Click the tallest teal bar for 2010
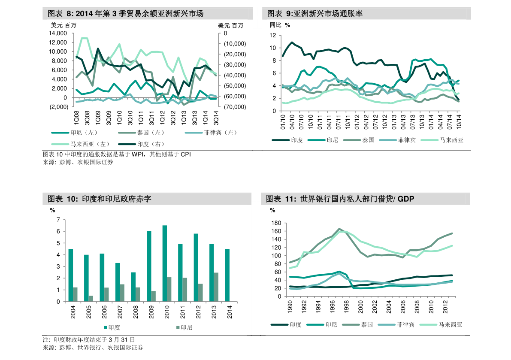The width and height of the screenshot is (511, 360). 165,263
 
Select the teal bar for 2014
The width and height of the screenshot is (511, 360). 227,275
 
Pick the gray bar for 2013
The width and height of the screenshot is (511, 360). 216,287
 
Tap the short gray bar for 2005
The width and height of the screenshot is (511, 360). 91,299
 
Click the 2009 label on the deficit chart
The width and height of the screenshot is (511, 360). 149,312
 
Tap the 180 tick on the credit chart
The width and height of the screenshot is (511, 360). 276,223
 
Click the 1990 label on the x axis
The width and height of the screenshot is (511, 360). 290,307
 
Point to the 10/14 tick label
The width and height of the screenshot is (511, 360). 458,120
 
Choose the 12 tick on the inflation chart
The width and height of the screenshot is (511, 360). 272,36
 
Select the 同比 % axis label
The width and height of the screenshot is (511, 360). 280,25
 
